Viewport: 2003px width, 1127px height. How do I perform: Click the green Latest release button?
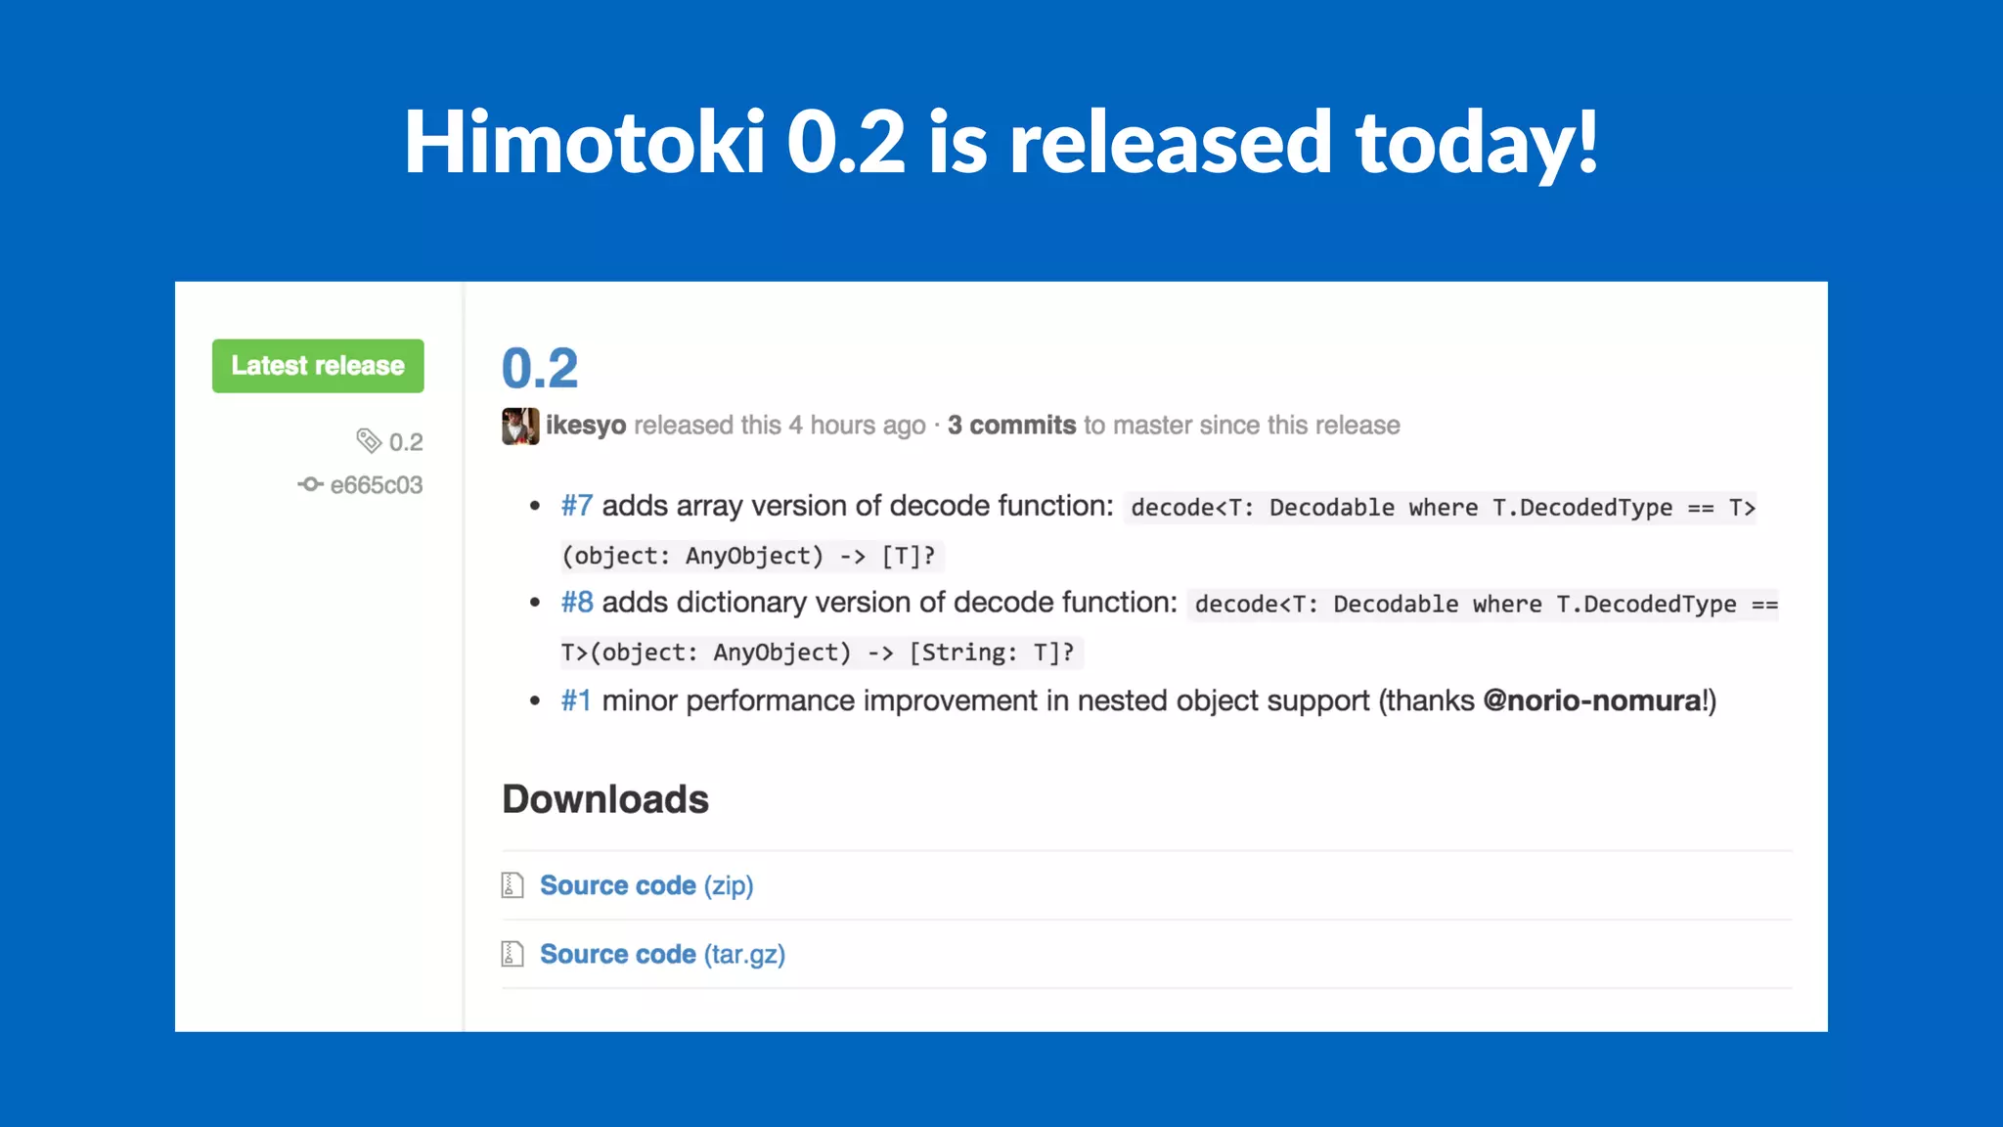pyautogui.click(x=318, y=366)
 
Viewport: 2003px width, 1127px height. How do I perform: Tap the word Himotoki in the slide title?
pyautogui.click(x=584, y=143)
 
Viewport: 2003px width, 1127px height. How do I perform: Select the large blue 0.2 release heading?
pyautogui.click(x=540, y=369)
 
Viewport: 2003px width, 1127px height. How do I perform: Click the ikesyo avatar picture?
pyautogui.click(x=520, y=426)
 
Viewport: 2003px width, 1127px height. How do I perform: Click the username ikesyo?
pyautogui.click(x=586, y=426)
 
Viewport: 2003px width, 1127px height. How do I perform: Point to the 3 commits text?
pyautogui.click(x=1011, y=426)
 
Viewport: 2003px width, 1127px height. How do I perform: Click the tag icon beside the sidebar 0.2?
pyautogui.click(x=369, y=441)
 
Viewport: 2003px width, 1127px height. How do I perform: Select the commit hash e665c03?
pyautogui.click(x=377, y=485)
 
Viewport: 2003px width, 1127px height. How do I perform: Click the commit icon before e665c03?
pyautogui.click(x=311, y=484)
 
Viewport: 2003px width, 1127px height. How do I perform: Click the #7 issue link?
pyautogui.click(x=577, y=506)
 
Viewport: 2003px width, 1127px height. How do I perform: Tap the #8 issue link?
pyautogui.click(x=577, y=603)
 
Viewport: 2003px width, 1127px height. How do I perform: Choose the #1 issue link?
pyautogui.click(x=576, y=700)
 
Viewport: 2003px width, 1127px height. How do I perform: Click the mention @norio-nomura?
pyautogui.click(x=1592, y=700)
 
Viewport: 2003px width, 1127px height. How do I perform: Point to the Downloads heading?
pyautogui.click(x=605, y=799)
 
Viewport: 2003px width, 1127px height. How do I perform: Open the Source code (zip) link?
pyautogui.click(x=646, y=885)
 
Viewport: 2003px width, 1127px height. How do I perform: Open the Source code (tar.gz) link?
pyautogui.click(x=662, y=954)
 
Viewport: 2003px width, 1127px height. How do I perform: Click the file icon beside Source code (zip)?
pyautogui.click(x=512, y=885)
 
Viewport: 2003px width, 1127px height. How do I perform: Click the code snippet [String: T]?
pyautogui.click(x=992, y=653)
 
